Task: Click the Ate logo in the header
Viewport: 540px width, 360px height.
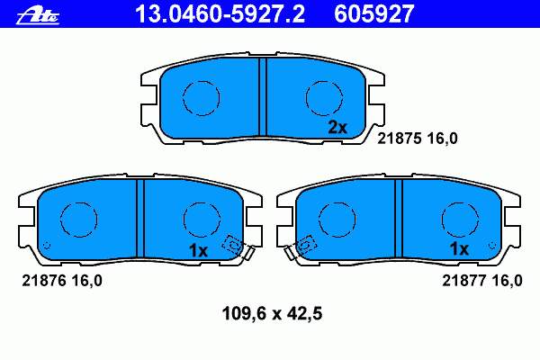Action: click(38, 16)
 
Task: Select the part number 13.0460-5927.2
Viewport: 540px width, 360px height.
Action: click(220, 13)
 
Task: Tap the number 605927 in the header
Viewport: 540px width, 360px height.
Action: click(373, 13)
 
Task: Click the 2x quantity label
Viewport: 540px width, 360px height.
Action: click(337, 128)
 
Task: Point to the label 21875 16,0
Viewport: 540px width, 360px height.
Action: click(418, 139)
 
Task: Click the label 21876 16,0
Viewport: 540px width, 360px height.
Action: click(62, 281)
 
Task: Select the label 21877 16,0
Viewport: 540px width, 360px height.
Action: click(482, 281)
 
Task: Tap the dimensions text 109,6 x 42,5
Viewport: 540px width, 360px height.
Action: click(272, 314)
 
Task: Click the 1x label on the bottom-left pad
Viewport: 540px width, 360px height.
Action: click(198, 250)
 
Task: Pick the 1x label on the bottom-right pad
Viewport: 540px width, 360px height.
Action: click(459, 248)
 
